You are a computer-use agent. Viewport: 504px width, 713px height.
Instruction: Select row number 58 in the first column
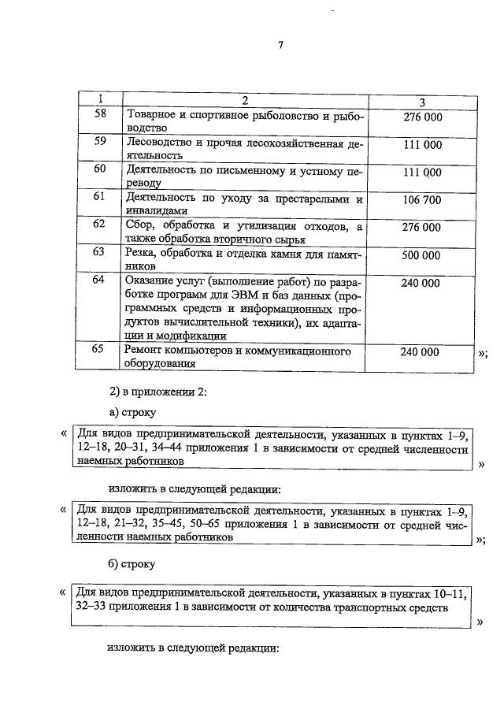(100, 117)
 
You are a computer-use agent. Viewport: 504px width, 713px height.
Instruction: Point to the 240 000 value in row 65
(419, 352)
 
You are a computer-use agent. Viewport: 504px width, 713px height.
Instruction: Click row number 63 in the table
(100, 253)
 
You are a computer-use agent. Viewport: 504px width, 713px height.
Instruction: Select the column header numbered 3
(422, 102)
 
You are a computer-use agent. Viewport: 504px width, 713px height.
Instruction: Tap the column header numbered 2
(245, 101)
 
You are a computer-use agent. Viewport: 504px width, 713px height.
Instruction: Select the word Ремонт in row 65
(146, 351)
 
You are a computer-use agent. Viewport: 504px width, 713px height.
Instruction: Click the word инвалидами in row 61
(156, 211)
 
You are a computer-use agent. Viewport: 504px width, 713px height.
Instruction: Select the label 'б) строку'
(132, 564)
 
